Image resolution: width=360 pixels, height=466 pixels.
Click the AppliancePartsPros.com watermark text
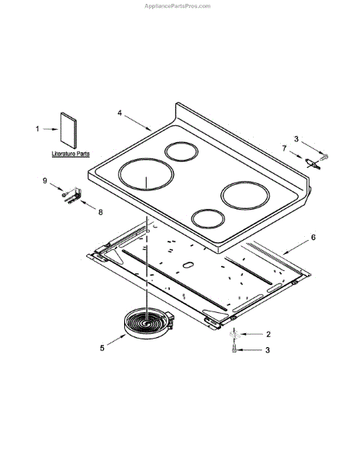tap(177, 6)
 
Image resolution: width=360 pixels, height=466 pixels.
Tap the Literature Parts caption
tap(71, 154)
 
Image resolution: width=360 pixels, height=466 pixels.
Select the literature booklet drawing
tap(68, 130)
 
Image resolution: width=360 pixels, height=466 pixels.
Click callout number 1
tap(37, 129)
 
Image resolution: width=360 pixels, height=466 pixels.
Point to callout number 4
tap(119, 113)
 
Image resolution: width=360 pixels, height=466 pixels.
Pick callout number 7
tap(284, 148)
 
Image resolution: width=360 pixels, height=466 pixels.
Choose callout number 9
tap(45, 180)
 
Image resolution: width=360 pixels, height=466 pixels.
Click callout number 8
tap(101, 212)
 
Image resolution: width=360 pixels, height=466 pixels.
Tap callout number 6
tap(313, 237)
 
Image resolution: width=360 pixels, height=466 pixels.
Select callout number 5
tap(102, 348)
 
